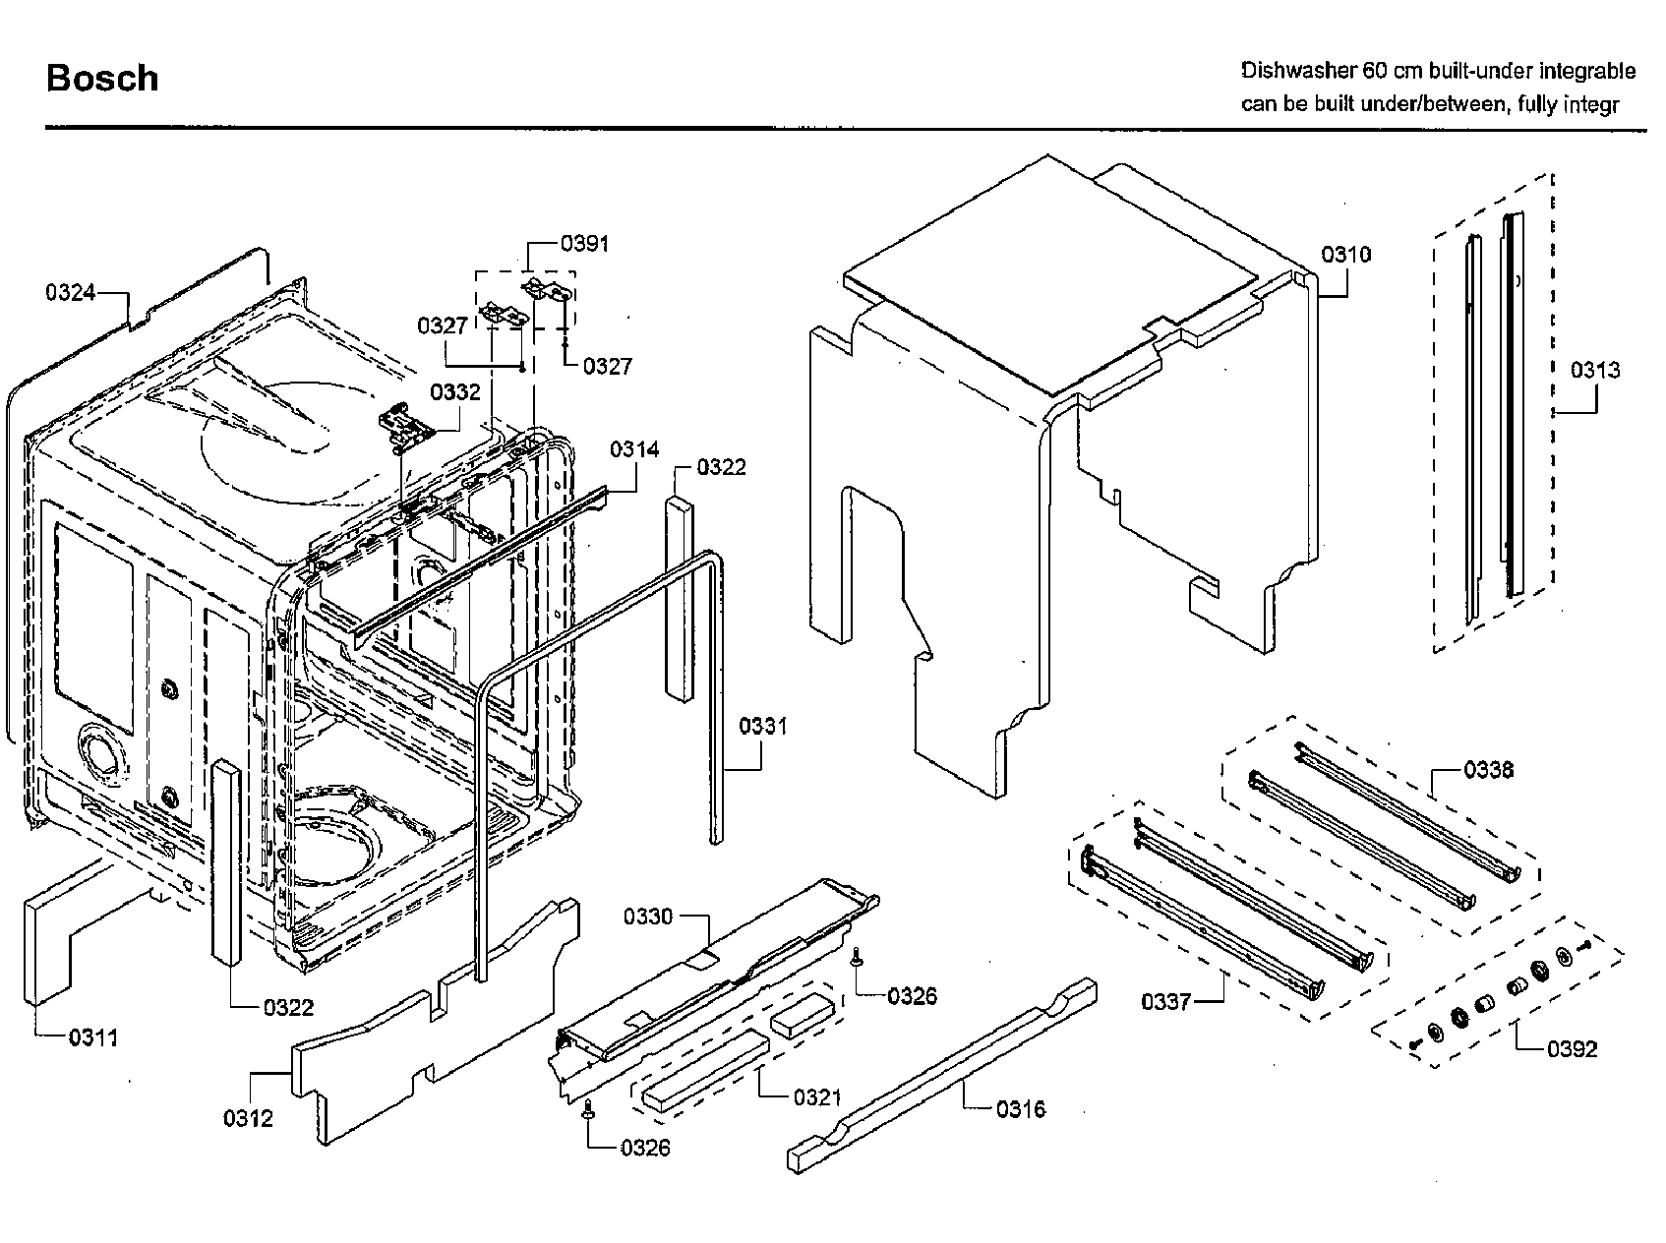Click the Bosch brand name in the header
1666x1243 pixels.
click(102, 78)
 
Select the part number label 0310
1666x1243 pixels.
click(1345, 255)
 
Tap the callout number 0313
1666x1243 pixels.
click(1594, 370)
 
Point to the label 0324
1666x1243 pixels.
click(70, 292)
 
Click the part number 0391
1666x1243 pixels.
click(584, 243)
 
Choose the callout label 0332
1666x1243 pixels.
click(455, 392)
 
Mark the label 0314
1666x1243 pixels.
click(634, 449)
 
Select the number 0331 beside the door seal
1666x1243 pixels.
click(763, 726)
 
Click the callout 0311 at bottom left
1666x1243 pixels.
click(93, 1037)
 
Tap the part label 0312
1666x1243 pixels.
click(248, 1118)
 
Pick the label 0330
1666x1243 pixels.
click(648, 917)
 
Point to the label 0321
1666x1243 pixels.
click(817, 1097)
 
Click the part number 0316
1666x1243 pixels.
click(1020, 1109)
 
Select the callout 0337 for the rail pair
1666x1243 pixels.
click(1166, 1001)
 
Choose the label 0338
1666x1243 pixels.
click(1488, 769)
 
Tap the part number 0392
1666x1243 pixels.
click(1572, 1049)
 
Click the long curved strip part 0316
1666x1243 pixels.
click(944, 1077)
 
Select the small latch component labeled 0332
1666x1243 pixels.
click(409, 428)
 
